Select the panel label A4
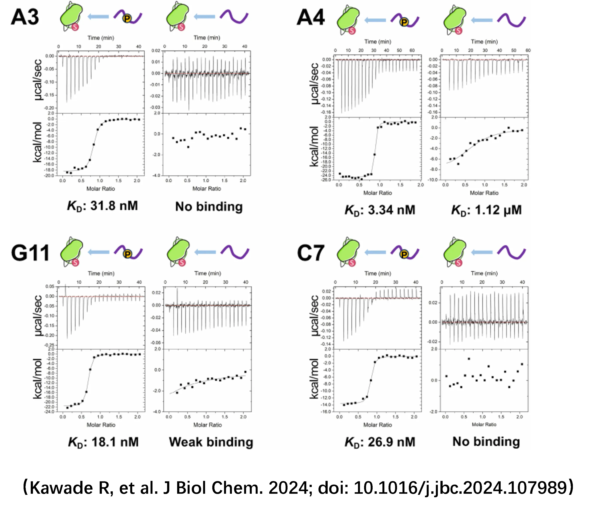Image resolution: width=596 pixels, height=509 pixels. pyautogui.click(x=311, y=18)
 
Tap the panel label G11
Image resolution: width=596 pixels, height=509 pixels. pyautogui.click(x=30, y=253)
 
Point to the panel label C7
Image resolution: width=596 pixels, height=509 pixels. pyautogui.click(x=311, y=253)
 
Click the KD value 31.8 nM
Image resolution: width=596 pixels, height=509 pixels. pyautogui.click(x=102, y=206)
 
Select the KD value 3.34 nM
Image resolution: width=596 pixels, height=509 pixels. pyautogui.click(x=380, y=210)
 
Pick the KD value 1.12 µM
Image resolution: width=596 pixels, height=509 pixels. pyautogui.click(x=486, y=210)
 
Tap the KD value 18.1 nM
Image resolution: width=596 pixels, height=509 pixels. pyautogui.click(x=103, y=442)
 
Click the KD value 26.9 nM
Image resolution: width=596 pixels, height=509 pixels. pyautogui.click(x=380, y=442)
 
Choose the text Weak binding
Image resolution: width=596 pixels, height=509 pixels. pyautogui.click(x=211, y=442)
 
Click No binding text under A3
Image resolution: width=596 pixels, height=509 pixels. pyautogui.click(x=209, y=207)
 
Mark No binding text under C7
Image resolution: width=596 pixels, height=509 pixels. pyautogui.click(x=486, y=441)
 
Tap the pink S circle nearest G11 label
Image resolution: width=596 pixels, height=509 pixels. pyautogui.click(x=75, y=262)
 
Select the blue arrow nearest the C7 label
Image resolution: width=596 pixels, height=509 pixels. pyautogui.click(x=375, y=252)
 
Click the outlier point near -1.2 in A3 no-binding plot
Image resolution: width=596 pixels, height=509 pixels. pyautogui.click(x=188, y=147)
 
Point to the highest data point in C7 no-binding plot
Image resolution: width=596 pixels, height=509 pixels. pyautogui.click(x=469, y=359)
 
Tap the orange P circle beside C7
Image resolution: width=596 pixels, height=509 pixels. pyautogui.click(x=404, y=254)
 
